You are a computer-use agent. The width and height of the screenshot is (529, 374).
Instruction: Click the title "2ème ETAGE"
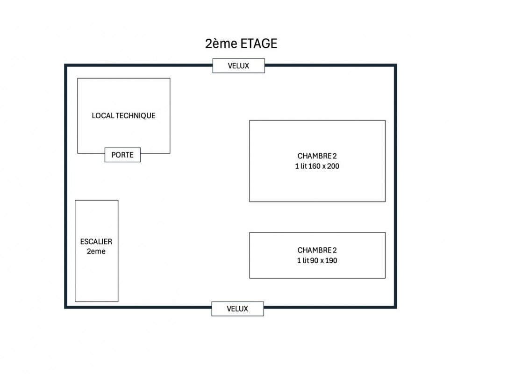pos(241,43)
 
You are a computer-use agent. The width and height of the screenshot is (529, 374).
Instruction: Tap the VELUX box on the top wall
pos(238,66)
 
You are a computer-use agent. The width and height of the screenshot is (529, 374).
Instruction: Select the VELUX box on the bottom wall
pos(237,309)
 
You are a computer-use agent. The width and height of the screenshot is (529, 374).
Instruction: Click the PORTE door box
pos(122,155)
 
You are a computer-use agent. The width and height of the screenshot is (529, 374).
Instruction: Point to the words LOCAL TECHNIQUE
pos(123,116)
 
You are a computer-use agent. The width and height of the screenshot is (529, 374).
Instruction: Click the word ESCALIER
pos(96,242)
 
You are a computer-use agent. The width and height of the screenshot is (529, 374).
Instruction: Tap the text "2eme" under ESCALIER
pos(96,252)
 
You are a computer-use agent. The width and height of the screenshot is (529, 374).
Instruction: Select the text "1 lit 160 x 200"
pos(317,166)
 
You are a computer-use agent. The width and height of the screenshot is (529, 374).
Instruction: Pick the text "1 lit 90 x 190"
pos(317,260)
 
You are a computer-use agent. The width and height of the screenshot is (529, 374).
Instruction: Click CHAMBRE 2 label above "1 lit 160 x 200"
pos(317,156)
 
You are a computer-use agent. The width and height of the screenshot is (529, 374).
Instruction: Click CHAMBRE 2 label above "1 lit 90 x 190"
pos(317,250)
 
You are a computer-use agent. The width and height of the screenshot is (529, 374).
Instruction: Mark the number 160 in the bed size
pos(315,166)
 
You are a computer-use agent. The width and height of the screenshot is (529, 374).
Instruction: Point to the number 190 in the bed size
pos(331,260)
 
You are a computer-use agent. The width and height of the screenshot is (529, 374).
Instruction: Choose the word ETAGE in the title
pos(259,43)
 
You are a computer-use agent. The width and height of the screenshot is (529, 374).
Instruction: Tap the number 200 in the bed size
pos(333,166)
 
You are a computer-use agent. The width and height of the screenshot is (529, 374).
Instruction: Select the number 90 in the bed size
pos(315,260)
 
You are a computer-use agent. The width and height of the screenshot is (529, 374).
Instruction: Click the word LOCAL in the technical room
pos(103,116)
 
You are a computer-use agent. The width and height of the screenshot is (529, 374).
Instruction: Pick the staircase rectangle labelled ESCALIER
pos(96,251)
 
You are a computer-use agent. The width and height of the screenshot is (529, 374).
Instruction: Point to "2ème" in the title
pos(221,43)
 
